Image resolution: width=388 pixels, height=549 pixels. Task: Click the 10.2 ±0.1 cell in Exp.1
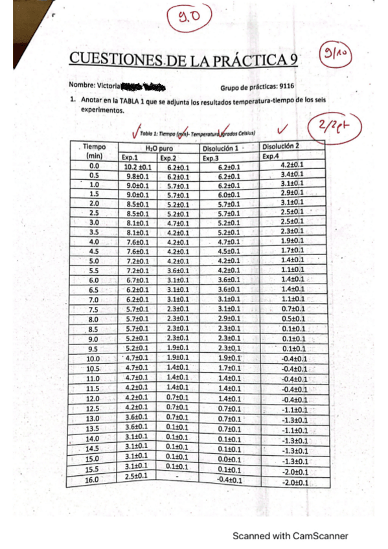point(137,167)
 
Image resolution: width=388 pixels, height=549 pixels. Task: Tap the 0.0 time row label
point(94,167)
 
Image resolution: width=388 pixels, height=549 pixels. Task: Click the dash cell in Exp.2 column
point(176,476)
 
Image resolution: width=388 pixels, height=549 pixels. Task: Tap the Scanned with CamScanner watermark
point(291,535)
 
